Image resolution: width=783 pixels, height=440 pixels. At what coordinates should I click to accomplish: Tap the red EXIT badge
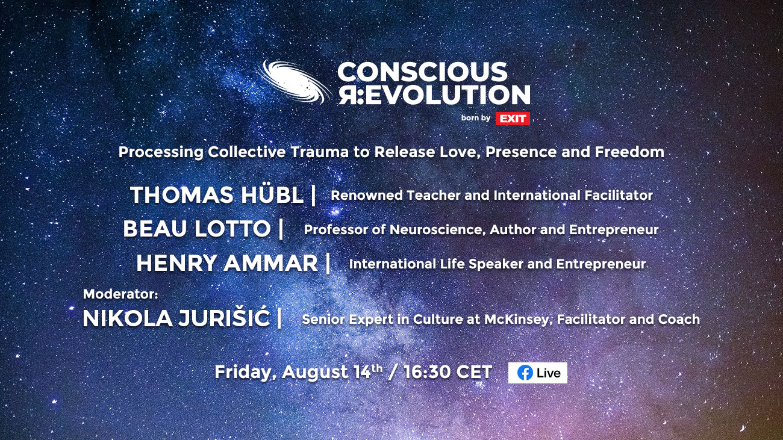513,119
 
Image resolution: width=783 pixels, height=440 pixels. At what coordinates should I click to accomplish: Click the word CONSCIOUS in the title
422,72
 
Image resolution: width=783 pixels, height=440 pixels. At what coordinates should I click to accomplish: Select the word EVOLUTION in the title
448,95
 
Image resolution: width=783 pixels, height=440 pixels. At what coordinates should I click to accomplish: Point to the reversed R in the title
347,95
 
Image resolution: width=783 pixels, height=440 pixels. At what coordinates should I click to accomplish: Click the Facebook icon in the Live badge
525,373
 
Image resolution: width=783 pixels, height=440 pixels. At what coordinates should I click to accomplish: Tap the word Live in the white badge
549,373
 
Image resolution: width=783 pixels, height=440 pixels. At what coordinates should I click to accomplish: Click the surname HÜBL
272,194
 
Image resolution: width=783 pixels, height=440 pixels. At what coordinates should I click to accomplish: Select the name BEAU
155,229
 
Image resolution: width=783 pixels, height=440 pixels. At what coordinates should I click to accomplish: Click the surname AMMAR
270,263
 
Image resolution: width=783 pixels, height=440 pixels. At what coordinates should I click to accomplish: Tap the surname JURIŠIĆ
224,317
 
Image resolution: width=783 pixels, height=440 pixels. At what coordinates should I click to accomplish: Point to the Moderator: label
120,294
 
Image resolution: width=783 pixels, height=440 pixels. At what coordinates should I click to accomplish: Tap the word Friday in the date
243,372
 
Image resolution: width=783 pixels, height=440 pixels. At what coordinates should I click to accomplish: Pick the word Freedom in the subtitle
629,152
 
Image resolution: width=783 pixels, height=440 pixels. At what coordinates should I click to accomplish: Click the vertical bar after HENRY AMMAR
328,263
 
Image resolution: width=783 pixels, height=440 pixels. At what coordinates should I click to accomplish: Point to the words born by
475,118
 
